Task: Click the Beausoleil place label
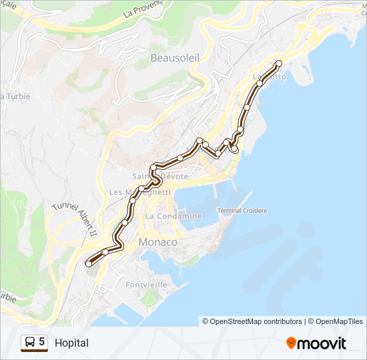tap(175, 58)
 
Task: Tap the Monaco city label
tap(157, 242)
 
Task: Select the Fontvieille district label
tap(145, 284)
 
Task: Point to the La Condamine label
tap(173, 216)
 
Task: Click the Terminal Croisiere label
tap(242, 211)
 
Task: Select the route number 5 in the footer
tap(42, 343)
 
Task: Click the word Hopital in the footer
tap(71, 343)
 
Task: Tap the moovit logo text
tap(322, 343)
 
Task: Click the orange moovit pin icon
tap(291, 343)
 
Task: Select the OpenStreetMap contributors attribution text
tap(252, 321)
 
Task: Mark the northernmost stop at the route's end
tap(278, 63)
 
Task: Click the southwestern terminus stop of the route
tap(89, 264)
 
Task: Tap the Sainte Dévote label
tap(160, 177)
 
